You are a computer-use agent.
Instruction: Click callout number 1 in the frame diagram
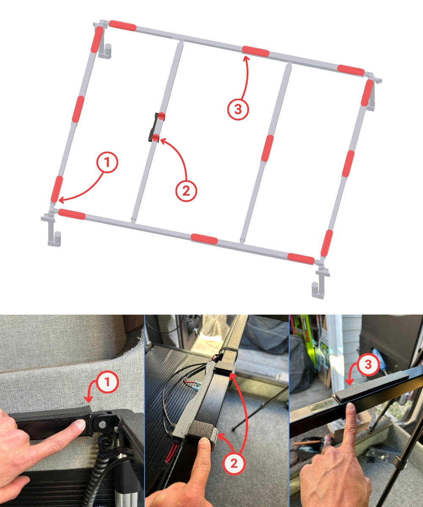tap(107, 162)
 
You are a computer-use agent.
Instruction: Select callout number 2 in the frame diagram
tap(186, 191)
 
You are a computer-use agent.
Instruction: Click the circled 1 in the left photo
tap(107, 382)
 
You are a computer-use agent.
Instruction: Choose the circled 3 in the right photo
tap(368, 364)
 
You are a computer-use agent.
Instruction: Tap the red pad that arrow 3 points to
tap(255, 51)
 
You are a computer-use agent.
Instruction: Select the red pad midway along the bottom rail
tap(204, 239)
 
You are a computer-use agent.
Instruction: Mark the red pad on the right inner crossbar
tap(267, 148)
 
